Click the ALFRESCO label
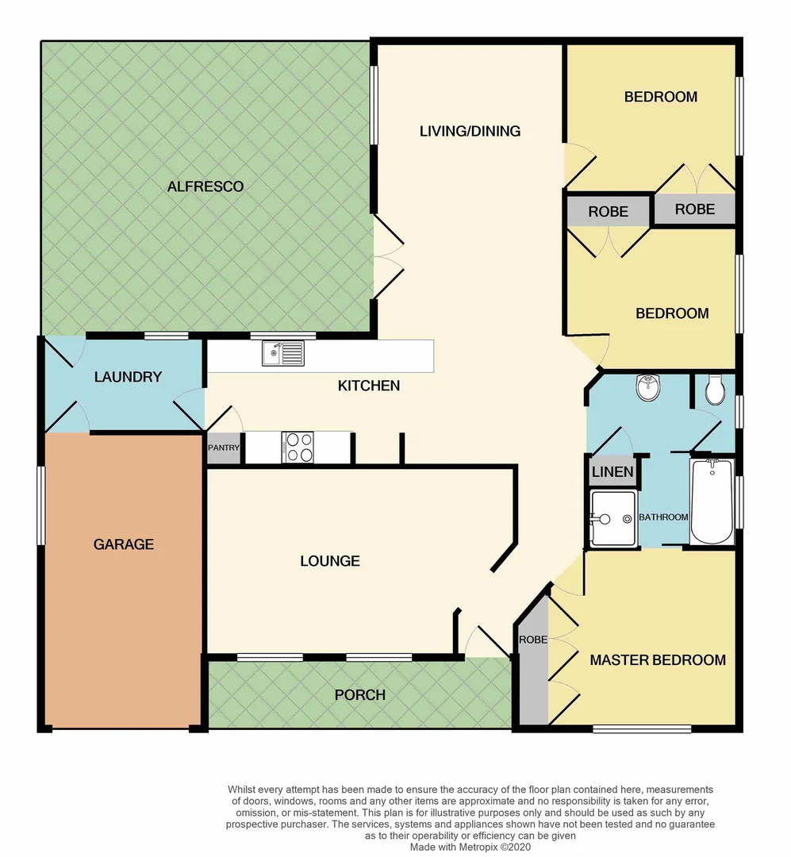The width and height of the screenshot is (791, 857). [x=205, y=187]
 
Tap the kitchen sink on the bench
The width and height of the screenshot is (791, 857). [x=282, y=353]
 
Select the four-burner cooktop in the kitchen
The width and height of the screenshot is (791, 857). [x=298, y=446]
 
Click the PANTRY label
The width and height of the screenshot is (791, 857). [x=224, y=448]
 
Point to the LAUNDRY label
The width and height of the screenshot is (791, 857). [x=128, y=377]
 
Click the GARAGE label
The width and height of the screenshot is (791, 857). [x=123, y=544]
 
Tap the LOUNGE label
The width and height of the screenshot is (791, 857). [x=329, y=561]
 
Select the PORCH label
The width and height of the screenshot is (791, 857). [x=359, y=695]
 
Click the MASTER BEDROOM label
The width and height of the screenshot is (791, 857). [x=658, y=660]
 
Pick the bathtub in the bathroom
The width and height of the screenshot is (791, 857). [x=712, y=502]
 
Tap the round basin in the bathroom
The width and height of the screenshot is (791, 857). [x=649, y=388]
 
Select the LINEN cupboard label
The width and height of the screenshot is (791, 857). [x=612, y=472]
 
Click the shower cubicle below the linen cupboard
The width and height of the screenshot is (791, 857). [x=613, y=519]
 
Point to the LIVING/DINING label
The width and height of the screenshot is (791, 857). [x=470, y=131]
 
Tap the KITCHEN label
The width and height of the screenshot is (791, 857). [x=369, y=386]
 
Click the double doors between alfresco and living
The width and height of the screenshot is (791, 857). [x=388, y=256]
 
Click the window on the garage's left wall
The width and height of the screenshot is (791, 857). [x=40, y=505]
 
